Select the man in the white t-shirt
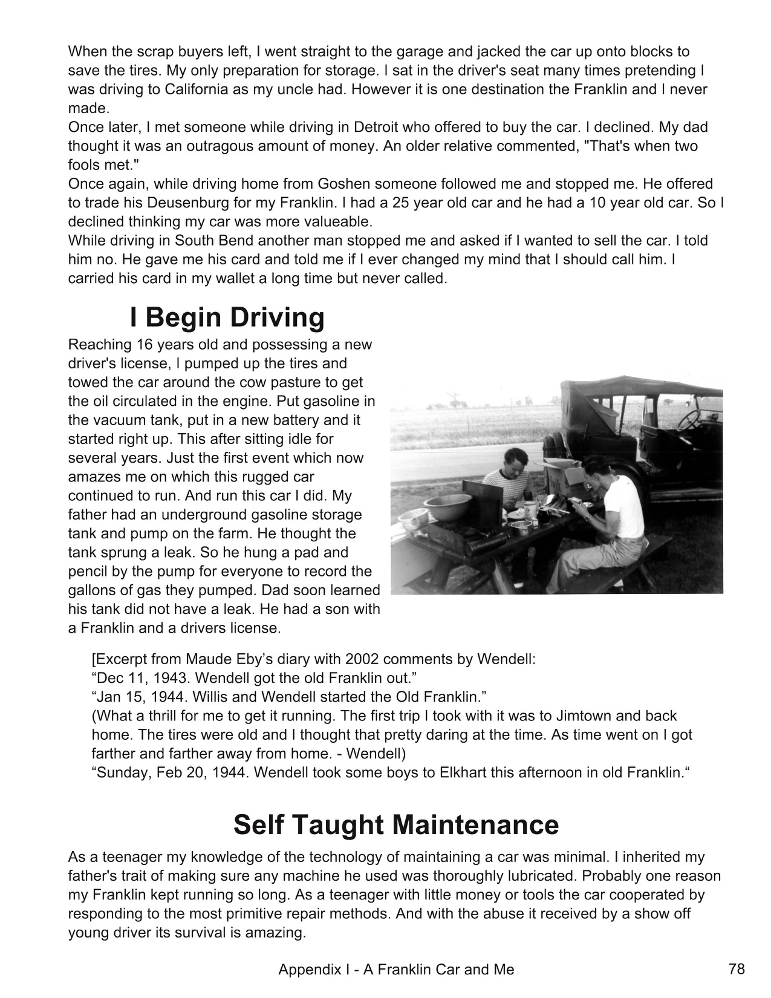tap(611, 514)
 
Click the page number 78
tap(737, 969)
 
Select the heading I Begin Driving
tap(227, 318)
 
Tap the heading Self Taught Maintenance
tap(396, 825)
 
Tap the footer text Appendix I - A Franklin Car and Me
tap(396, 970)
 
